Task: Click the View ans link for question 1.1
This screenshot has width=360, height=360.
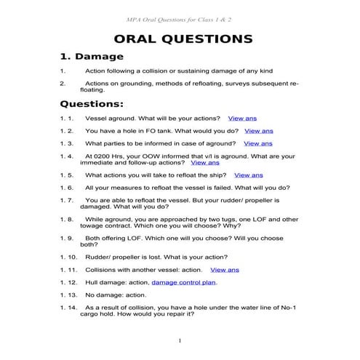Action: pos(241,118)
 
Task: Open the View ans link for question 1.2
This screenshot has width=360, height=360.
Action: pos(258,131)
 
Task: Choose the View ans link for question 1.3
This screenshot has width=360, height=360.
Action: pos(257,144)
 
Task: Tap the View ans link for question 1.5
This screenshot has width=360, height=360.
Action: pos(248,175)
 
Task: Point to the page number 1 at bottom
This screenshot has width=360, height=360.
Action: pos(180,340)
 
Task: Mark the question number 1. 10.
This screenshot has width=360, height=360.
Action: pos(68,257)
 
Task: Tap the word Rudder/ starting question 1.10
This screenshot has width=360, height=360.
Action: pos(100,257)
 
